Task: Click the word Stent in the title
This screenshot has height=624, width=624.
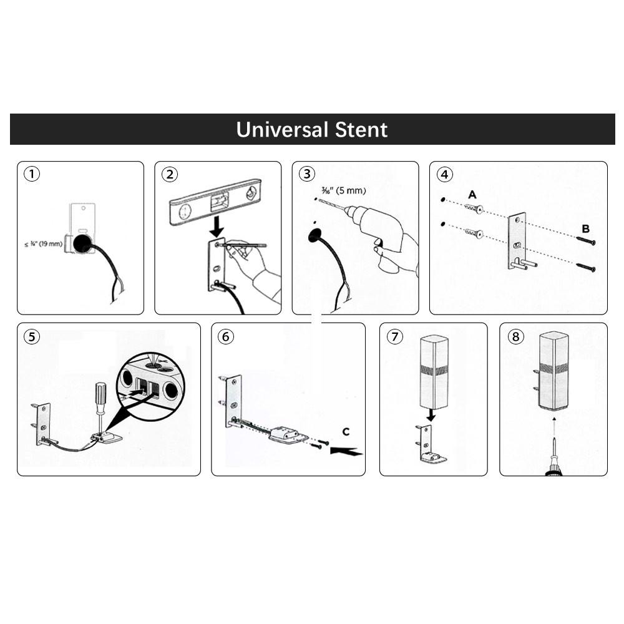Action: (x=361, y=130)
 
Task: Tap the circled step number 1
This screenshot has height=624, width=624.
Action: (x=32, y=174)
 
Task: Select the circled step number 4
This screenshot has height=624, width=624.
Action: (x=444, y=174)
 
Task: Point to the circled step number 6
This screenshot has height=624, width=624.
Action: (x=226, y=337)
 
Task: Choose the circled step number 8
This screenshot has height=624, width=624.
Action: (x=515, y=337)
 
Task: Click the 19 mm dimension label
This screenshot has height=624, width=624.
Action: (x=44, y=243)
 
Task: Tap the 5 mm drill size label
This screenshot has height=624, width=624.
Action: (x=343, y=190)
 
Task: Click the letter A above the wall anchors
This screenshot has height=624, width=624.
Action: (x=472, y=195)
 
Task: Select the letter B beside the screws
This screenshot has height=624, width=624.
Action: (x=585, y=229)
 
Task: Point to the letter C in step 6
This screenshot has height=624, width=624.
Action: (x=346, y=432)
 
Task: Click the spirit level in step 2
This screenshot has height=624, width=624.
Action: (x=216, y=202)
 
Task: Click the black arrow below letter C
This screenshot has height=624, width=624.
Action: (x=346, y=451)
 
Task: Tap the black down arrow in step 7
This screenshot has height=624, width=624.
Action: (x=431, y=415)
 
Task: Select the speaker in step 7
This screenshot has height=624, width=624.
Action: (x=434, y=372)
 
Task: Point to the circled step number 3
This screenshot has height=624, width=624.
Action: (x=307, y=174)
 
